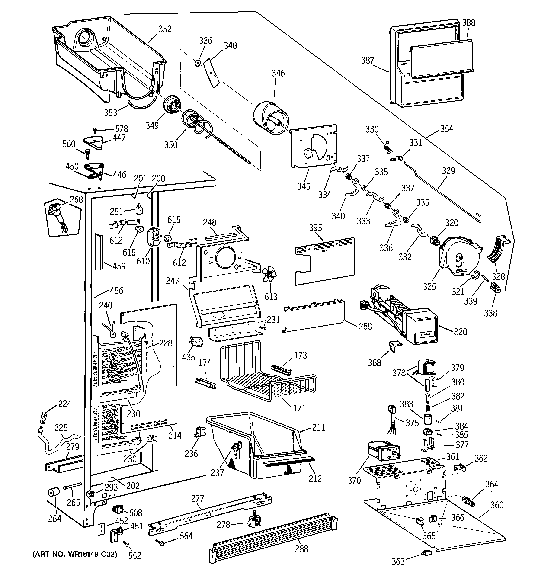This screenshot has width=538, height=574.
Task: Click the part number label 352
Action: tap(165, 29)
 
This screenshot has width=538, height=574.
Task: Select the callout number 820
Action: tap(460, 332)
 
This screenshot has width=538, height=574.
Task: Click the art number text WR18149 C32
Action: tap(75, 554)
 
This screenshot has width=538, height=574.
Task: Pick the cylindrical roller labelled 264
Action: tap(53, 493)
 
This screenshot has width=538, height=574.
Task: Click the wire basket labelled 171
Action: tap(267, 372)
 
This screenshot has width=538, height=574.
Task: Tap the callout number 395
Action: tap(315, 228)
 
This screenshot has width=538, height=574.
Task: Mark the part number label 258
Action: tap(365, 326)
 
